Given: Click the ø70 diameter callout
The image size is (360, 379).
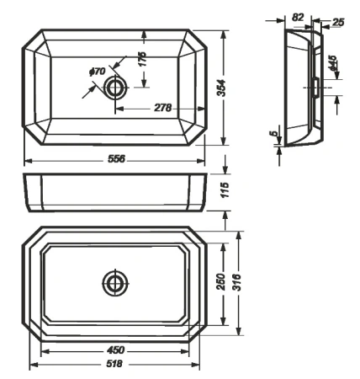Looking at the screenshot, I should point(97,72).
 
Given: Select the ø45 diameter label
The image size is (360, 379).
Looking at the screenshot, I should point(334,65).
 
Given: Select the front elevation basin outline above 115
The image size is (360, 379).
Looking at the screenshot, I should point(115,193).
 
